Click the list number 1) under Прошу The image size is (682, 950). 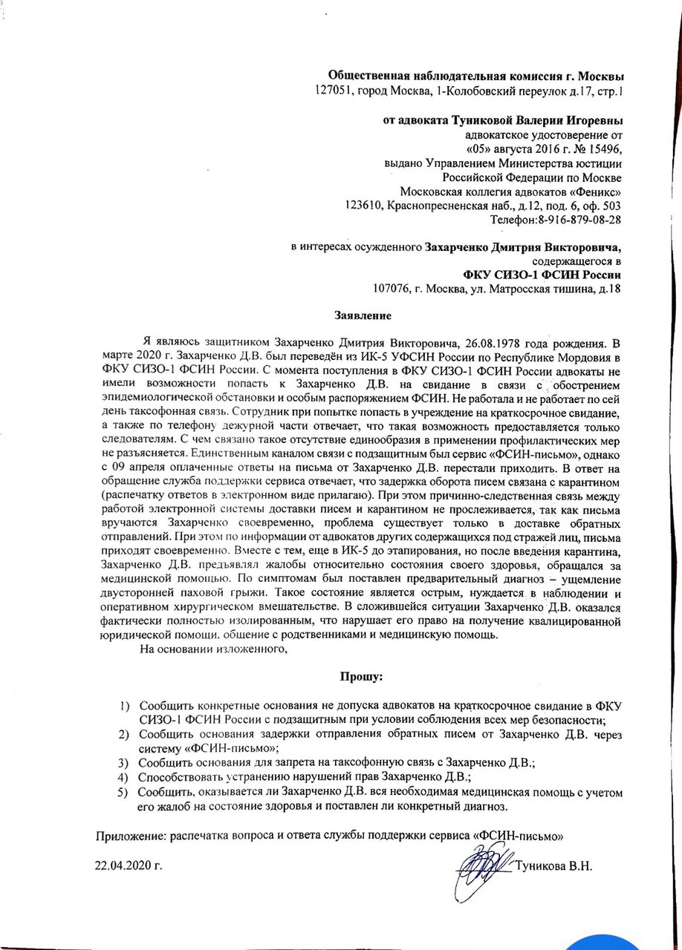(x=126, y=705)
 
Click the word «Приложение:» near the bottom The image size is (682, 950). (x=131, y=835)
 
